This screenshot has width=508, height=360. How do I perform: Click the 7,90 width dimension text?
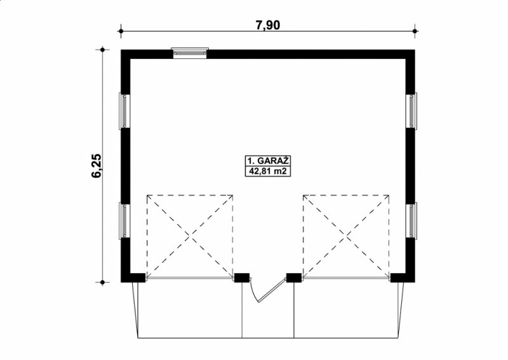pos(268,25)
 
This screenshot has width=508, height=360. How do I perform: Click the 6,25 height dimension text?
pos(97,166)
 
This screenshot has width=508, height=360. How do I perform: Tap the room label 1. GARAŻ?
pos(267,161)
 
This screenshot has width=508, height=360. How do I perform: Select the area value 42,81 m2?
pos(267,171)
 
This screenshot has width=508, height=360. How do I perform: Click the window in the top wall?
pos(190,53)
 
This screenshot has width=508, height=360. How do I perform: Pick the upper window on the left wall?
pos(124,110)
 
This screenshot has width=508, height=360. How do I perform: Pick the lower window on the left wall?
pos(124,221)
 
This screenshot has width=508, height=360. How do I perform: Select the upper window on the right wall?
pos(411,110)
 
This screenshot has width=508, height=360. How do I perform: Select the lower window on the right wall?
pos(411,220)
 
